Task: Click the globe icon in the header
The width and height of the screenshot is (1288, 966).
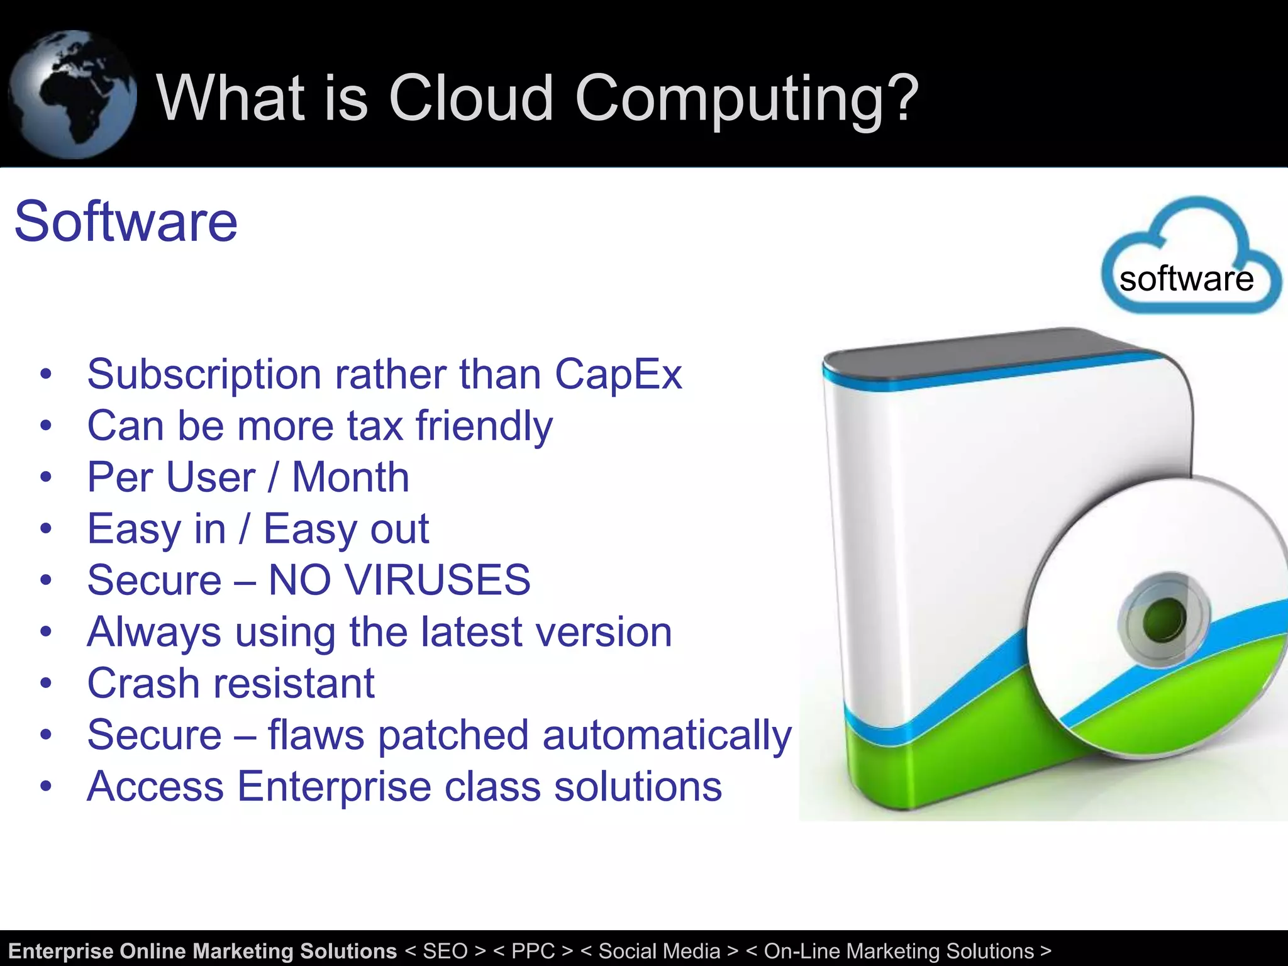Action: tap(72, 94)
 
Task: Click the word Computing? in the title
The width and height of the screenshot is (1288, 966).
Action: tap(747, 99)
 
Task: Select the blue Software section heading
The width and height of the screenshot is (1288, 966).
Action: tap(126, 221)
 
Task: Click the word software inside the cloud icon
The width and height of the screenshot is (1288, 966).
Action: tap(1186, 279)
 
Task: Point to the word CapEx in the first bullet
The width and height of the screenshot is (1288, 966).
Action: tap(618, 375)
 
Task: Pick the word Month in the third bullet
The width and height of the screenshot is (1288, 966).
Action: tap(350, 477)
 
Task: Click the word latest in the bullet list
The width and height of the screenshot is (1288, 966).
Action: tap(471, 631)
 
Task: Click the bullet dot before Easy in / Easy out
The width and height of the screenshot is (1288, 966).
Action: tap(45, 529)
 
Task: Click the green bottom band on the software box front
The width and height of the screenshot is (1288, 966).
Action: tap(943, 774)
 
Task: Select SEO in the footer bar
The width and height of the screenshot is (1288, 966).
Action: tap(445, 951)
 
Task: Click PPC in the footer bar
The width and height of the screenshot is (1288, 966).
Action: tap(533, 951)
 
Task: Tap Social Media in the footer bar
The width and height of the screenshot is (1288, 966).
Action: tap(659, 951)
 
